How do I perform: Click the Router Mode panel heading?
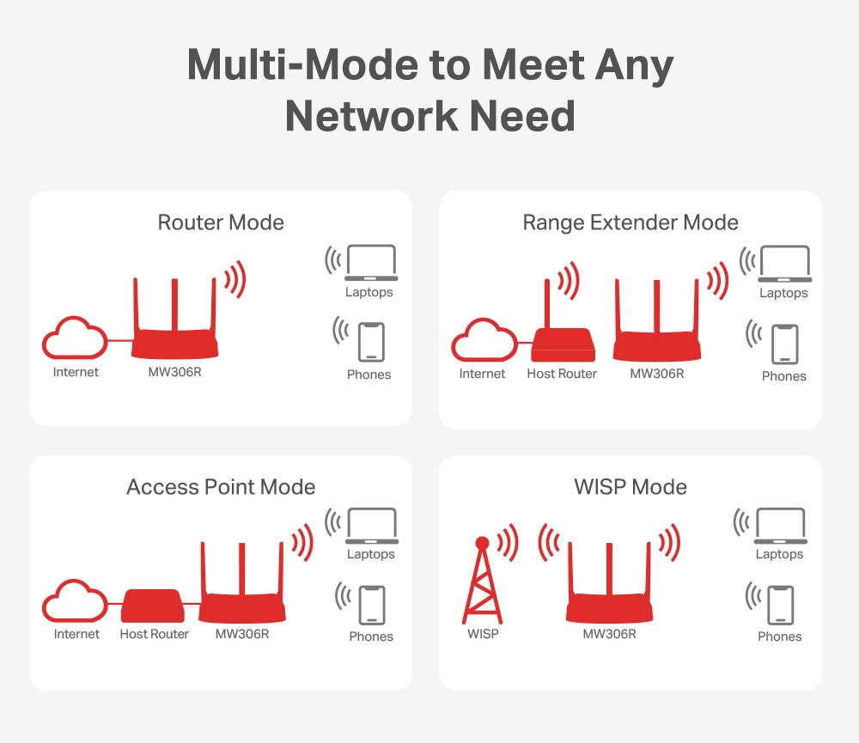(221, 223)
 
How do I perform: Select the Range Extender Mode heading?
(631, 223)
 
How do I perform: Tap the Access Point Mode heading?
(221, 487)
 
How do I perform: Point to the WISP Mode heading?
(631, 487)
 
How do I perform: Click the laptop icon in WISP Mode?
(779, 527)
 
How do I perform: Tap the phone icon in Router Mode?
(370, 341)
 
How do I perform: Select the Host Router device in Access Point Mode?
(152, 606)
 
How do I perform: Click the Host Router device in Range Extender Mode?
(562, 344)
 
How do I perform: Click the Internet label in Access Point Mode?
(76, 635)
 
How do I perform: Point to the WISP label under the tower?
(483, 635)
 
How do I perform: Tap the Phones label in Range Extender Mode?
(783, 376)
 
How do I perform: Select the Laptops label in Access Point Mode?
(371, 555)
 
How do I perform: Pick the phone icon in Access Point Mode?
(371, 604)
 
